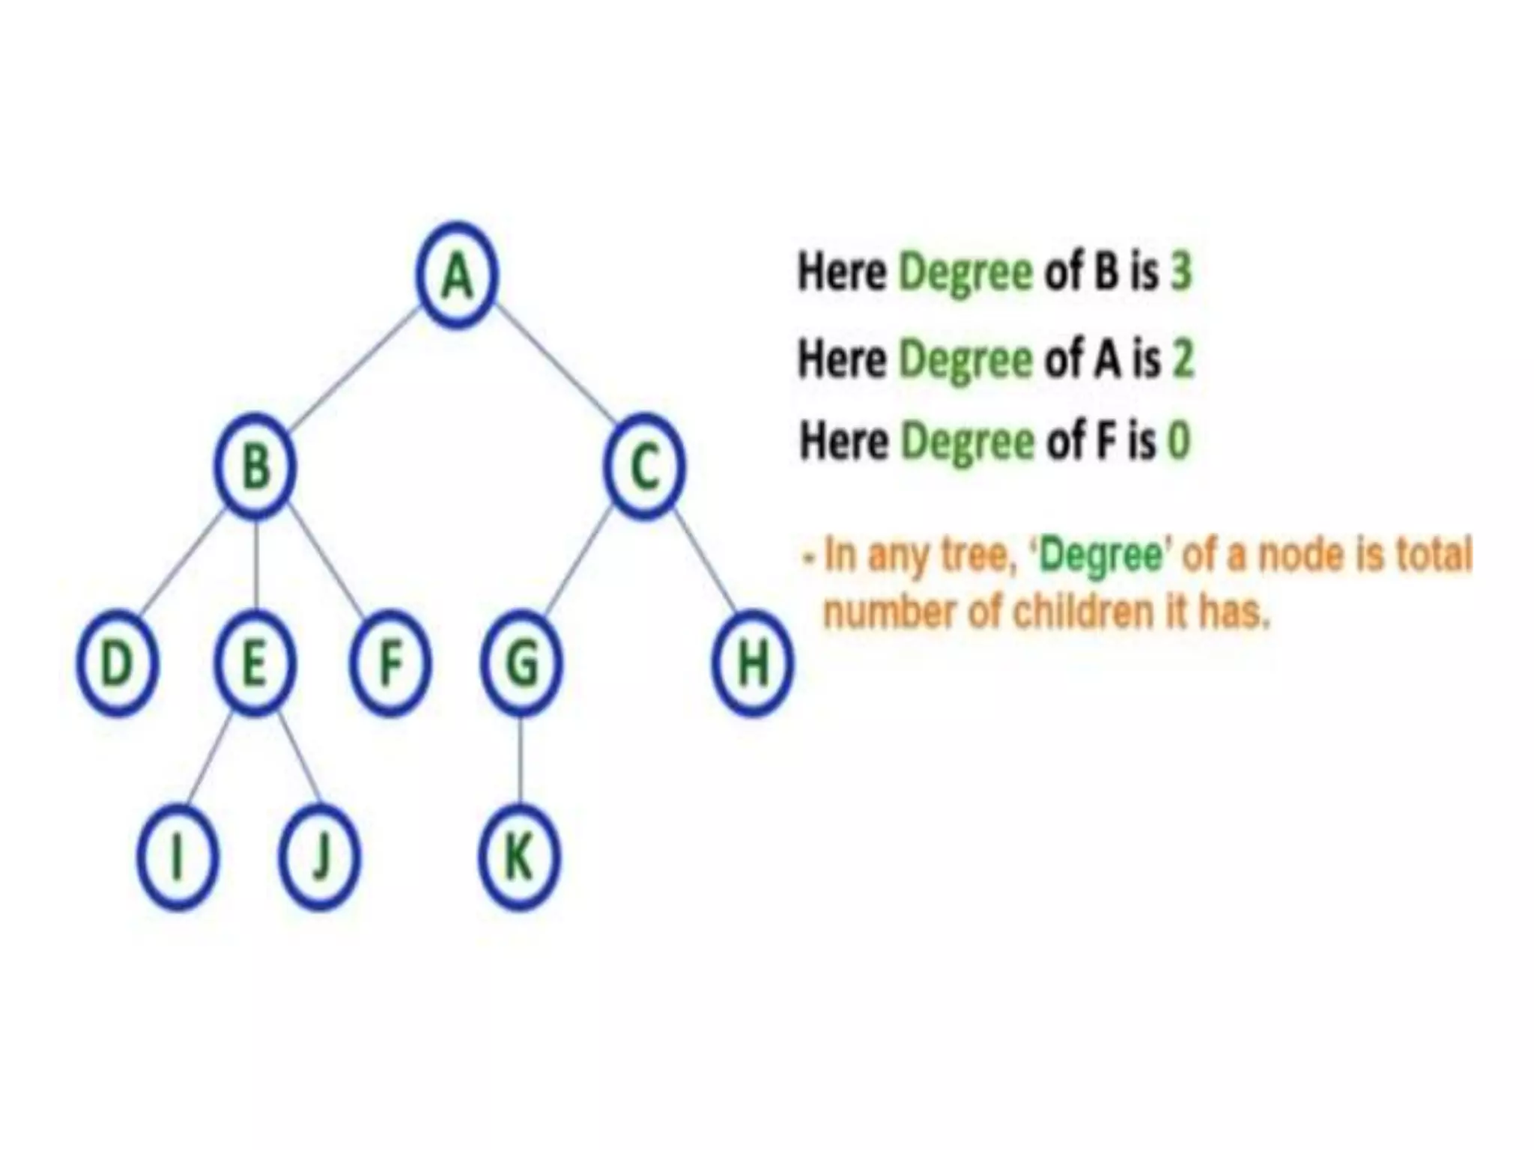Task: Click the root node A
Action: click(457, 275)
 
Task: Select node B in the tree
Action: click(256, 467)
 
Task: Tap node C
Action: click(644, 467)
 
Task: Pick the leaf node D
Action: click(117, 663)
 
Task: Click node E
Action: click(255, 663)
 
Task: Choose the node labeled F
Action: click(390, 663)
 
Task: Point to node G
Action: click(522, 663)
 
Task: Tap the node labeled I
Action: click(178, 857)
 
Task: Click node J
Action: click(319, 857)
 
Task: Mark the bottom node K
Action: click(519, 857)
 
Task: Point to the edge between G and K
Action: click(521, 760)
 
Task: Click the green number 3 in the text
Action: click(1180, 271)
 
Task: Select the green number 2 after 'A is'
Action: click(1182, 359)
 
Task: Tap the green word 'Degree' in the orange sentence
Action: click(1101, 556)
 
